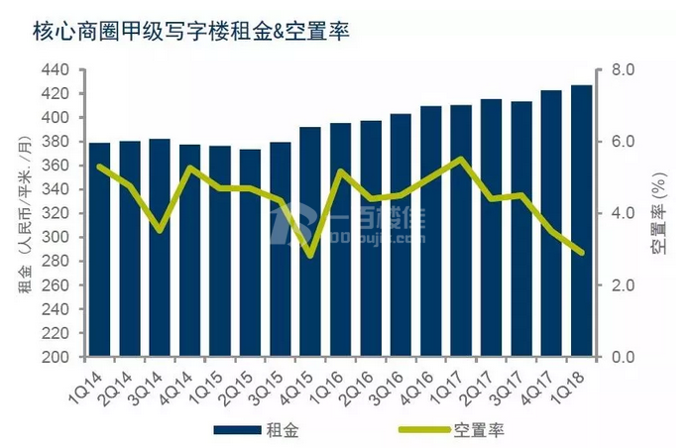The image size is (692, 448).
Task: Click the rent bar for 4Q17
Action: (551, 223)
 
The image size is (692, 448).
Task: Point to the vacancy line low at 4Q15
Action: (310, 255)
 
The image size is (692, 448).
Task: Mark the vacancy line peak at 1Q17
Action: (461, 159)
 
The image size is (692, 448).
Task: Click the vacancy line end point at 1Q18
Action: (582, 253)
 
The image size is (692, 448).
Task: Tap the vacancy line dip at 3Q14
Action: (160, 230)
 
